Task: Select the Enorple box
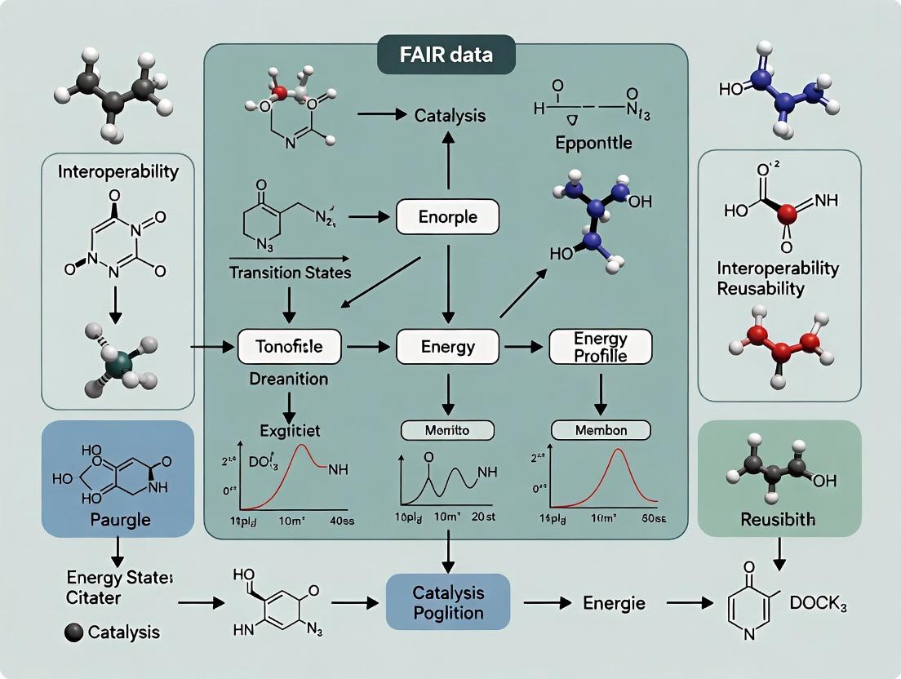click(447, 218)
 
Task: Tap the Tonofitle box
click(290, 347)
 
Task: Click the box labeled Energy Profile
click(600, 347)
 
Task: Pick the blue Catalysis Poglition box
click(447, 601)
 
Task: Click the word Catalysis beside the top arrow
click(450, 115)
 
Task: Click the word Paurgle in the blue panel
click(117, 519)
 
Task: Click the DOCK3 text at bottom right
click(820, 604)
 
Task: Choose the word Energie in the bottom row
click(614, 603)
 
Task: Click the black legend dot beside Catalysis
click(74, 632)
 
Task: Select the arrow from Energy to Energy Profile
click(523, 347)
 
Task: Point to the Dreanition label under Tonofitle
click(289, 379)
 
